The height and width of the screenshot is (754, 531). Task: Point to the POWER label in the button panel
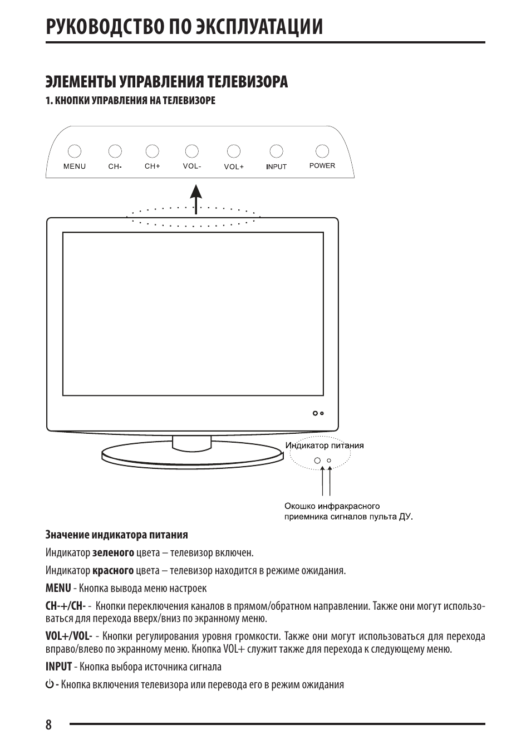click(322, 165)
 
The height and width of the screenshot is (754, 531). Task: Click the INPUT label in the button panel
click(276, 167)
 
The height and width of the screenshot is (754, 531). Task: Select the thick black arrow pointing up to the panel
click(196, 199)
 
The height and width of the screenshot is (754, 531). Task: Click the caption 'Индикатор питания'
click(324, 445)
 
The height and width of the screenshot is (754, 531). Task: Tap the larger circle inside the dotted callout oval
click(317, 460)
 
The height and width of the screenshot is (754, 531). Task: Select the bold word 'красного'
click(113, 571)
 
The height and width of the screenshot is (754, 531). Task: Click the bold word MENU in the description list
click(58, 588)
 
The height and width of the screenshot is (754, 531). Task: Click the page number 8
click(48, 724)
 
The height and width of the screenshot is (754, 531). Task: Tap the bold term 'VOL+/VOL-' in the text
click(68, 636)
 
